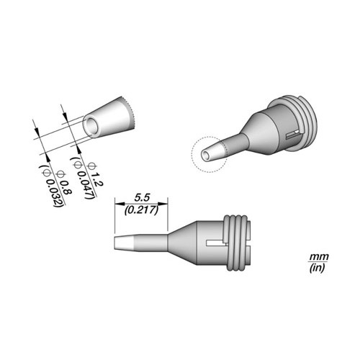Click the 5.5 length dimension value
pyautogui.click(x=142, y=198)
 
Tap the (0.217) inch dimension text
pyautogui.click(x=142, y=210)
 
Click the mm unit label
pyautogui.click(x=319, y=257)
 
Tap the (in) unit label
pyautogui.click(x=317, y=268)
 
